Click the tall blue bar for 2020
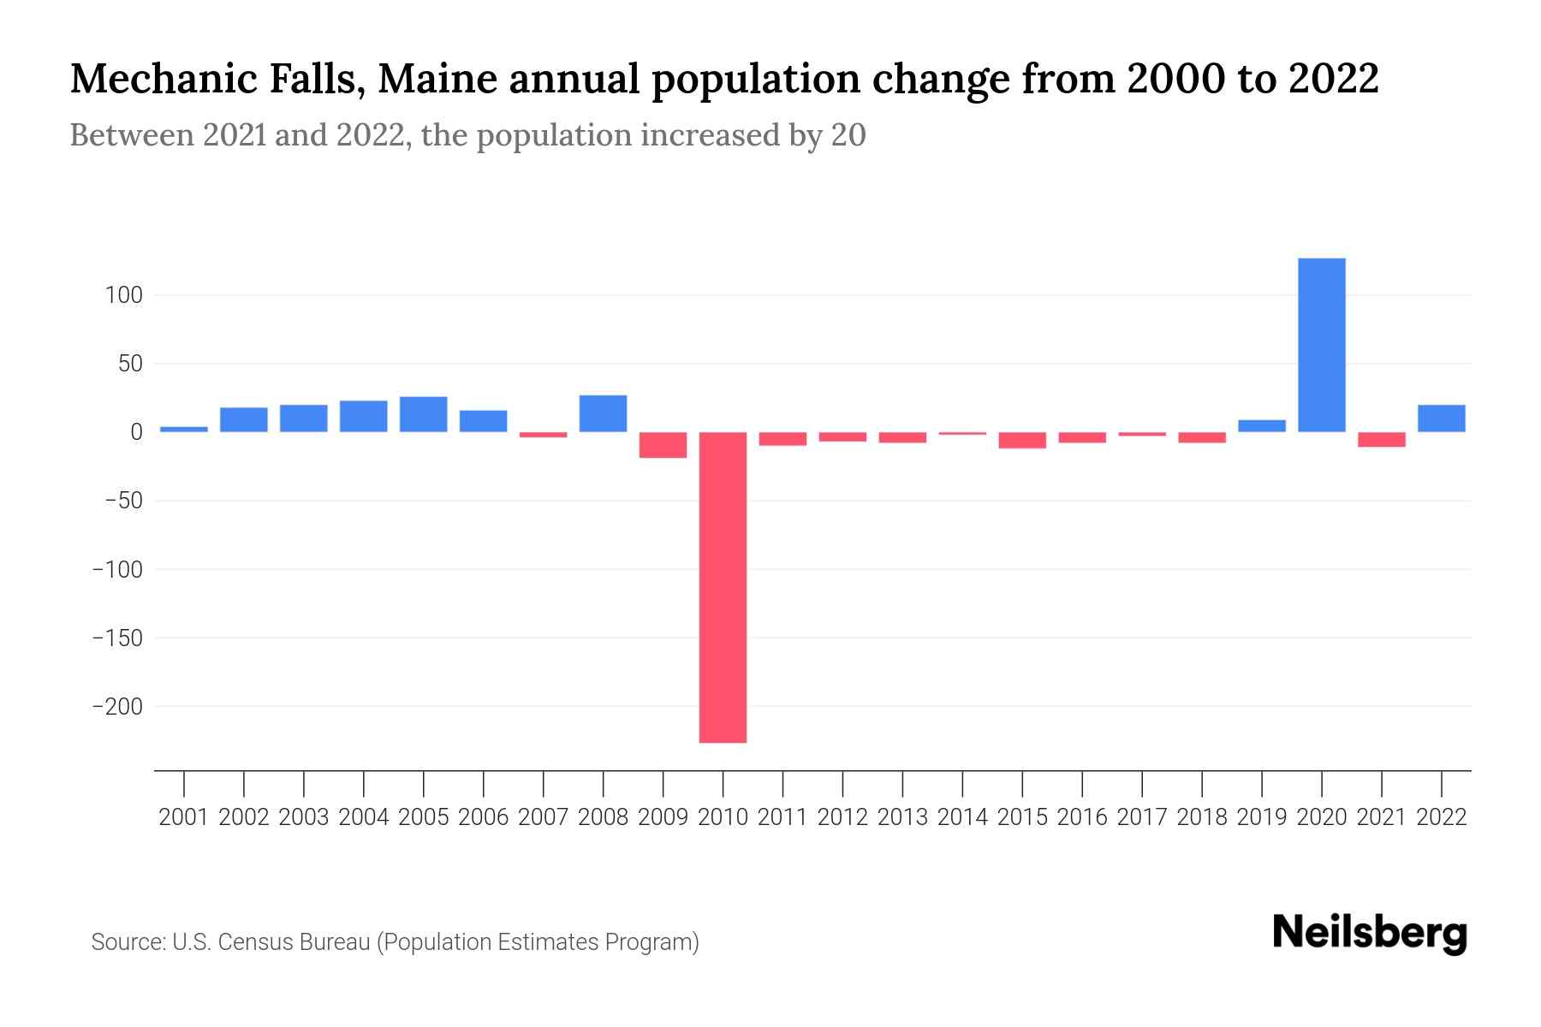1321,345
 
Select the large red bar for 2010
723,587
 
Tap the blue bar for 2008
603,413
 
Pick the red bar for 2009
663,445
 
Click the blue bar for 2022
1441,419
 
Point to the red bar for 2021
1381,440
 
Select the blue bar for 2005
423,414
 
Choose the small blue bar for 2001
184,429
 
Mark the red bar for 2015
1022,440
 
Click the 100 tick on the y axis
123,295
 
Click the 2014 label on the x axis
962,817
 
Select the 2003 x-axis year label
304,817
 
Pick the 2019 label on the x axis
1261,817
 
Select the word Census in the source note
253,942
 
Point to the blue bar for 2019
1261,426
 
